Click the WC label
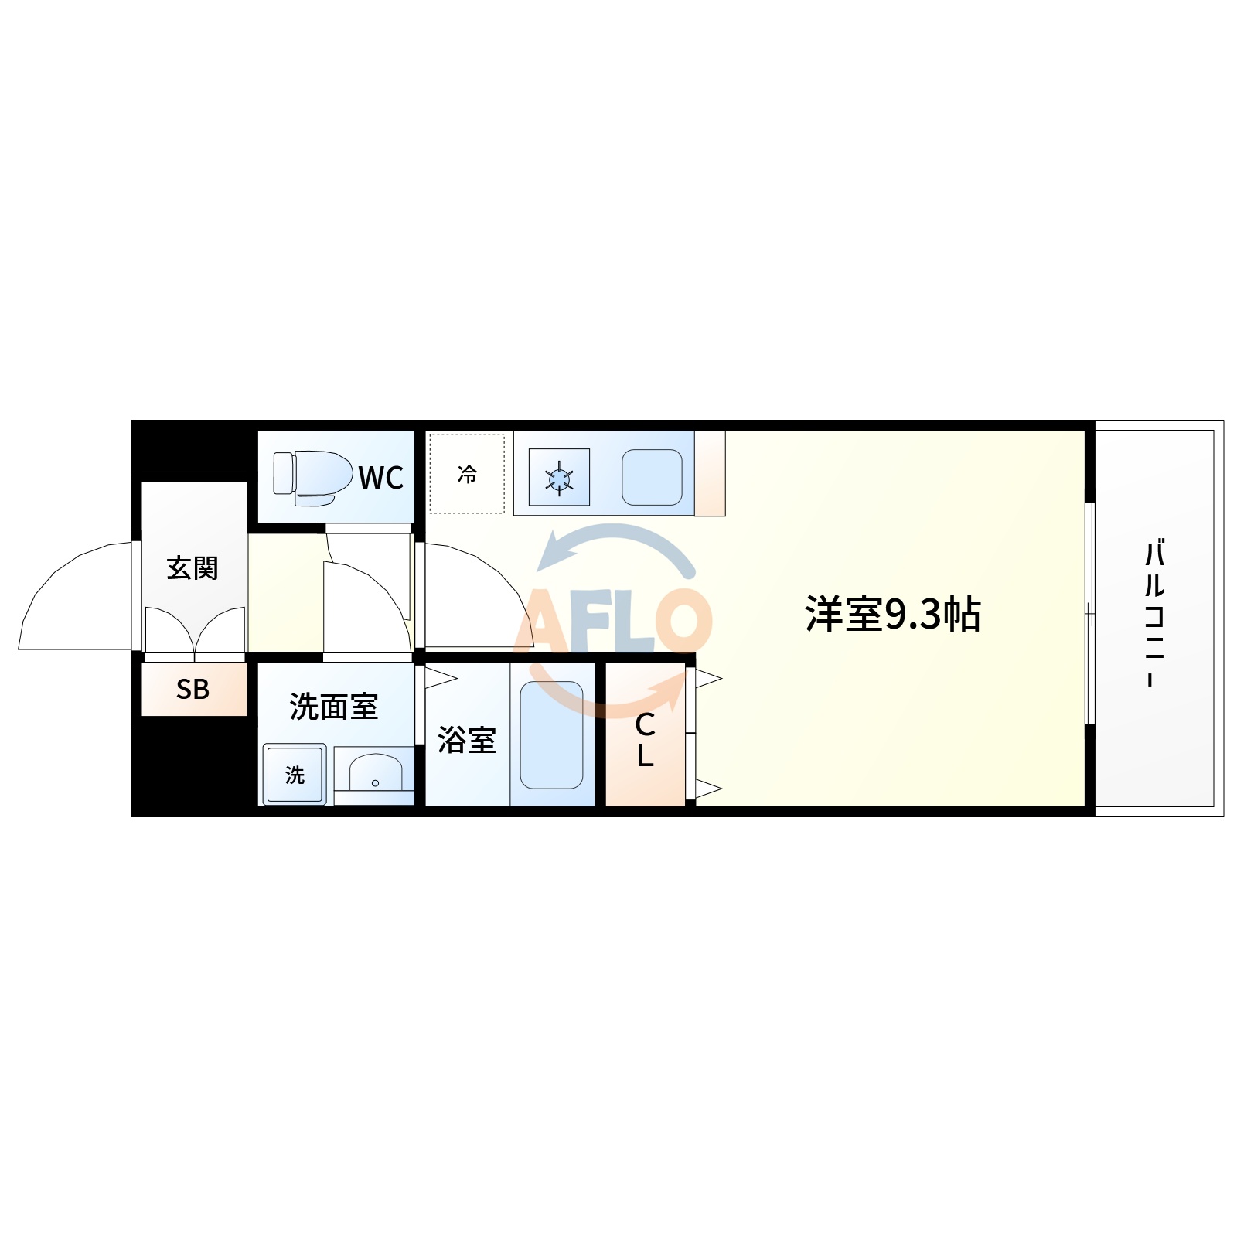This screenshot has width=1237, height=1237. tap(380, 478)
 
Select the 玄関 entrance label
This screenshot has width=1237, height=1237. tap(193, 568)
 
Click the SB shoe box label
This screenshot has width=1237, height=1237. tap(193, 689)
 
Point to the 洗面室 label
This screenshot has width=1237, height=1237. tap(334, 707)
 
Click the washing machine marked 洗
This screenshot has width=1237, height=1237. tap(295, 775)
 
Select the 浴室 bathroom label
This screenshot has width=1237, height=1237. tap(466, 740)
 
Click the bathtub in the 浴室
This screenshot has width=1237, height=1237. tap(551, 734)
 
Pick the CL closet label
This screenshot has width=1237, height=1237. tap(645, 740)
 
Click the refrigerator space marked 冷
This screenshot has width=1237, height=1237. tap(467, 474)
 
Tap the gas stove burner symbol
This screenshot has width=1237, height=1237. tap(559, 478)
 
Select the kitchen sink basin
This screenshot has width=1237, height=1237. tap(652, 477)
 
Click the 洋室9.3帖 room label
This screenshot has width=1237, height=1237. tap(892, 615)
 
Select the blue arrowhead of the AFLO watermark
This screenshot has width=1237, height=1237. tap(553, 552)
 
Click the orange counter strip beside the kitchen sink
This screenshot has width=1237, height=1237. tap(710, 473)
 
